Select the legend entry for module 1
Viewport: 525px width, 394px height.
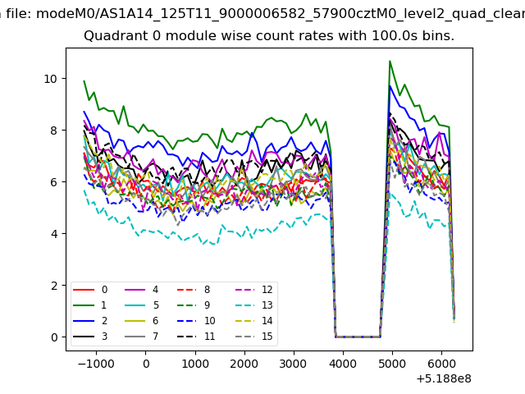click(x=89, y=305)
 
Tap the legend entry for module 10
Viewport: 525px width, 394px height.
click(x=196, y=321)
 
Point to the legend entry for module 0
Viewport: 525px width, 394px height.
click(x=89, y=290)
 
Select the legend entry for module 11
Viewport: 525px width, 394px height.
click(x=196, y=337)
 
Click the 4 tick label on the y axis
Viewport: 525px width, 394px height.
click(x=54, y=234)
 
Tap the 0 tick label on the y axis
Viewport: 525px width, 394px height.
click(x=54, y=337)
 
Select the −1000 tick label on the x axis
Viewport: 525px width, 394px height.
click(x=96, y=364)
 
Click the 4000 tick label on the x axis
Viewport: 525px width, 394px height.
click(x=343, y=364)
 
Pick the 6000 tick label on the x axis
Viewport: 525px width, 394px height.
click(x=441, y=364)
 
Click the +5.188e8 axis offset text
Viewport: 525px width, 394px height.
click(x=444, y=379)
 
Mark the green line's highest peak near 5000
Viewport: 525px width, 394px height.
click(x=390, y=61)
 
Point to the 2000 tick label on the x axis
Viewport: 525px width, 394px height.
click(x=244, y=364)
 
